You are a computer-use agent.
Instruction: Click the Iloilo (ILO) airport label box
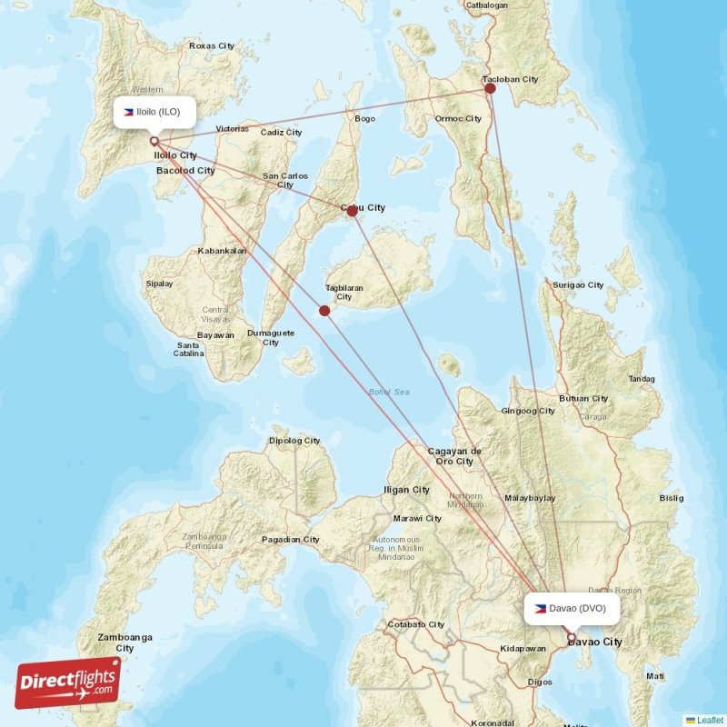[x=154, y=112]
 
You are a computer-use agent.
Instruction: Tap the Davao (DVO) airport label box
[x=572, y=608]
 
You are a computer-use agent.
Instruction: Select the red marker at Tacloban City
[x=490, y=88]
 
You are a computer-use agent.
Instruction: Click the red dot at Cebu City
[x=352, y=210]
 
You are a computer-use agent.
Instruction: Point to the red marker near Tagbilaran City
[x=324, y=311]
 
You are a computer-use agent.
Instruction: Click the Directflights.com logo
[x=68, y=682]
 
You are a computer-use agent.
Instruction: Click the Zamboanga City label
[x=125, y=642]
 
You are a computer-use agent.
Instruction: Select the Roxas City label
[x=211, y=45]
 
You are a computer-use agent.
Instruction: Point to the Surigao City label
[x=578, y=284]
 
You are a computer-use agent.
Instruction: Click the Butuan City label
[x=583, y=398]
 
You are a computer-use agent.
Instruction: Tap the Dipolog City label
[x=294, y=441]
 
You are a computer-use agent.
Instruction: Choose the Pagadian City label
[x=291, y=539]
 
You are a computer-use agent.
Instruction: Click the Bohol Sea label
[x=389, y=392]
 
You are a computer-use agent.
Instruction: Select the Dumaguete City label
[x=271, y=337]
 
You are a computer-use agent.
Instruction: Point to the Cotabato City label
[x=416, y=624]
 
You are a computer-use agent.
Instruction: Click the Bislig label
[x=672, y=498]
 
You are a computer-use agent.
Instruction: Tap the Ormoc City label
[x=458, y=118]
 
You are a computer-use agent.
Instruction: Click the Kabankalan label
[x=222, y=250]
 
